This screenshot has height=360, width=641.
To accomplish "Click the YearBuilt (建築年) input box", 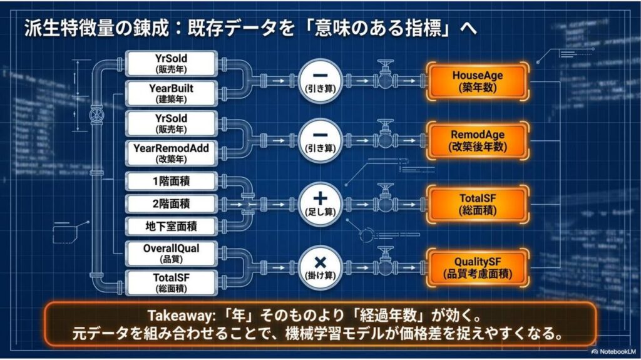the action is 172,94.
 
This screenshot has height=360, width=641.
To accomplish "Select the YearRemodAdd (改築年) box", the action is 172,153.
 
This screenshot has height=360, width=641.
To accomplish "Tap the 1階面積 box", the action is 172,181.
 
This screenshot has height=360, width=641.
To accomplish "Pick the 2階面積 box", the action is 172,203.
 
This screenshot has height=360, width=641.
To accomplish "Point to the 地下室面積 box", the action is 172,226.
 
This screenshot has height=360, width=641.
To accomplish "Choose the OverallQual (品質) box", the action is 172,254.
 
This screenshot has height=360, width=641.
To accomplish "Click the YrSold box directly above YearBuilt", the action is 172,64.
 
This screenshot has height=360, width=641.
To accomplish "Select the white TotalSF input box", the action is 172,283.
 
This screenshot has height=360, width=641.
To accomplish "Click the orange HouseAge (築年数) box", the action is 478,81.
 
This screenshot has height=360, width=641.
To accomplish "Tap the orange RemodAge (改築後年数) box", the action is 478,141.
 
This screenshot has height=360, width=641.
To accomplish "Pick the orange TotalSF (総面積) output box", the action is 478,204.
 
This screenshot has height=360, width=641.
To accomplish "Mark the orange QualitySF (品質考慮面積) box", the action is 478,268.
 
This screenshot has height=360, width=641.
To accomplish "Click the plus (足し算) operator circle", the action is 320,204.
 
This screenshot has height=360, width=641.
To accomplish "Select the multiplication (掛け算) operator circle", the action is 320,268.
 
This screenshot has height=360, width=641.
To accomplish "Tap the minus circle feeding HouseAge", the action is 320,81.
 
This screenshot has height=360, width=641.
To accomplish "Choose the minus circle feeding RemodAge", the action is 320,141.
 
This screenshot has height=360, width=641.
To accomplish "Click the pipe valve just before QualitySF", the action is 385,262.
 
